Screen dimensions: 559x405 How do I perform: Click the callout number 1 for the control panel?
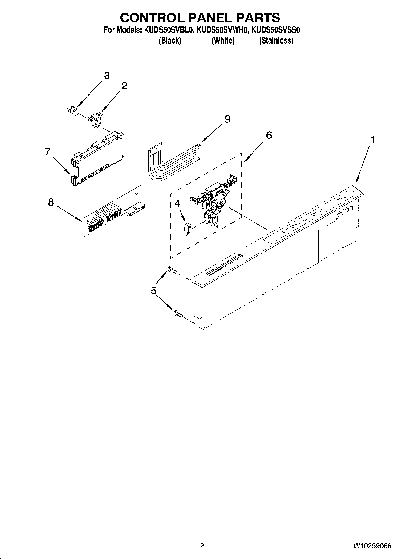coord(373,140)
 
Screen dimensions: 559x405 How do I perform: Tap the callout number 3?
coord(107,76)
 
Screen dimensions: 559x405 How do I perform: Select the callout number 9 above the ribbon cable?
coord(227,119)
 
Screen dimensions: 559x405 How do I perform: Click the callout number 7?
coord(47,152)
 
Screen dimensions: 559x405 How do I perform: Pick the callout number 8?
coord(51,202)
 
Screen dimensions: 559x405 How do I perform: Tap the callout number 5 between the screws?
coord(154,291)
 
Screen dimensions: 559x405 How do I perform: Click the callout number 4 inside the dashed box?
coord(178,203)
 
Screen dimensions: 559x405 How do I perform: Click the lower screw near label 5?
coord(178,314)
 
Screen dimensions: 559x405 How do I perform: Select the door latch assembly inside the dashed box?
coord(213,201)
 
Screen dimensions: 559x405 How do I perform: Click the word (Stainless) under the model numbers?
coord(276,41)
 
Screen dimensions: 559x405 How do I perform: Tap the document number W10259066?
coord(372,546)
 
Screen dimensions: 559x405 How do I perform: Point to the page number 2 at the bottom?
coord(202,546)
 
